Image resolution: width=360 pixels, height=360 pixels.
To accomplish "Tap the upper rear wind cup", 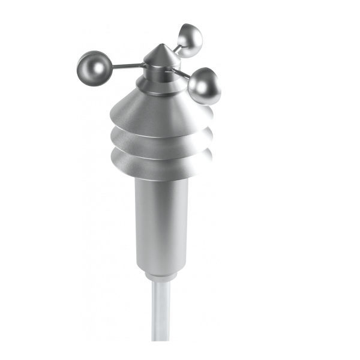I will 190,40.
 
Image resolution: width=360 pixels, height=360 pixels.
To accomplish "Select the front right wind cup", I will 204,86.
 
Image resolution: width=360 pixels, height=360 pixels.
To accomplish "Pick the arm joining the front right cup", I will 181,74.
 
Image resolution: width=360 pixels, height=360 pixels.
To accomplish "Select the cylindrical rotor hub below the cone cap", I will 159,73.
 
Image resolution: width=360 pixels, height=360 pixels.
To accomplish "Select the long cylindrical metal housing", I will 161,222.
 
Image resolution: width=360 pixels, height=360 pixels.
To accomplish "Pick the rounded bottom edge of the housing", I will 161,268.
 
